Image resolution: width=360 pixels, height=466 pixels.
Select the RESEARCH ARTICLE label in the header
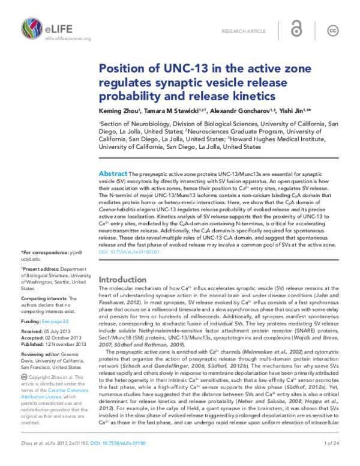[243, 30]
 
